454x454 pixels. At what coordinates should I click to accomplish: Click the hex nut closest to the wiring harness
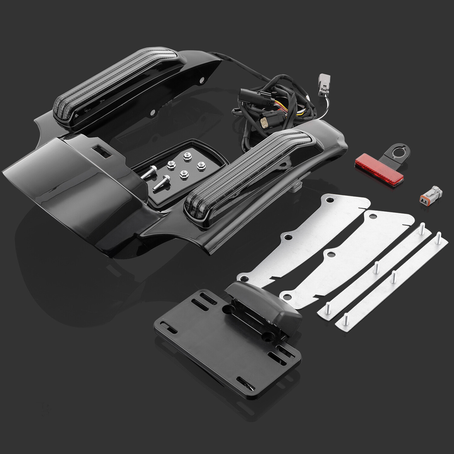tap(186, 157)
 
